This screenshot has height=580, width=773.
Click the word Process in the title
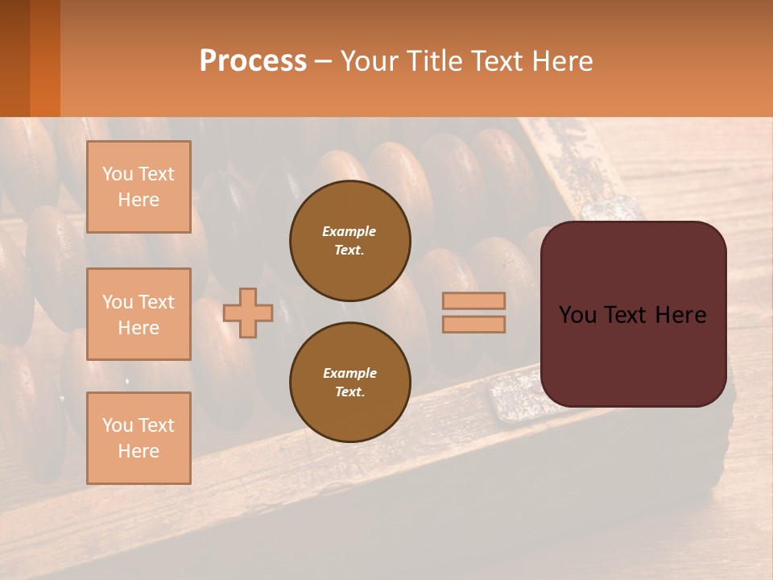(253, 60)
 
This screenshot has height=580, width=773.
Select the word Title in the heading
(436, 61)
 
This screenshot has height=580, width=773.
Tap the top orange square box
(138, 187)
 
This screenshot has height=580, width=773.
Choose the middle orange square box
(138, 314)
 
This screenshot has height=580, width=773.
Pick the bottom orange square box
(138, 437)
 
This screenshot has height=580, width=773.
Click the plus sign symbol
(247, 313)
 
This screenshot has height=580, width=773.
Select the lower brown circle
(349, 382)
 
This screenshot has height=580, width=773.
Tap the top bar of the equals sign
(473, 301)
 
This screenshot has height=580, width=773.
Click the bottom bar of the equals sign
(473, 324)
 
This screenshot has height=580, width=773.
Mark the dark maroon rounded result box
(633, 314)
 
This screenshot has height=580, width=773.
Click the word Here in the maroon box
(680, 315)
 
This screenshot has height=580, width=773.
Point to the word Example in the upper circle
(349, 231)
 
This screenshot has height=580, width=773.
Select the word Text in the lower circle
(349, 392)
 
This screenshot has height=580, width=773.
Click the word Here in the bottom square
(138, 451)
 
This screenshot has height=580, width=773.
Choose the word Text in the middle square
(155, 302)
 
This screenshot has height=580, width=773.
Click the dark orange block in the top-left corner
(30, 58)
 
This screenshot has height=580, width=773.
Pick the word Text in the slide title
(500, 61)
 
